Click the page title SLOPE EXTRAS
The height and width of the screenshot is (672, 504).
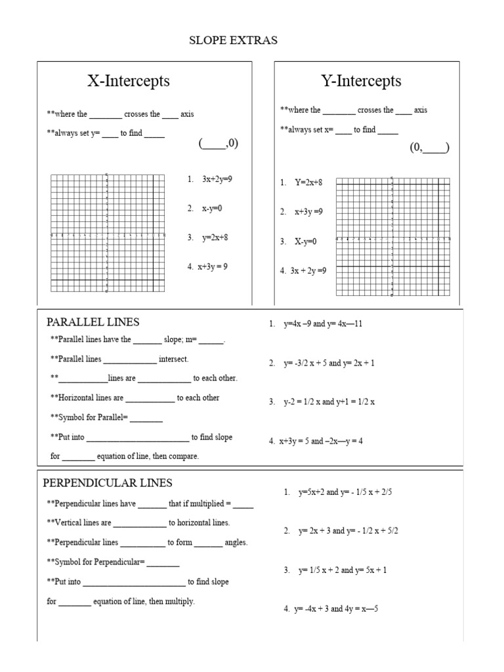[233, 41]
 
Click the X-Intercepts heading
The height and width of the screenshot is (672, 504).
[129, 81]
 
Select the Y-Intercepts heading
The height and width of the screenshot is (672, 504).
[361, 81]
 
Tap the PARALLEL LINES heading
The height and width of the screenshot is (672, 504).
[93, 322]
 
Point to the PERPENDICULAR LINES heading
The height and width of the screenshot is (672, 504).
[108, 483]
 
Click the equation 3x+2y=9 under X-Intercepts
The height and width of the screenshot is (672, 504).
[217, 178]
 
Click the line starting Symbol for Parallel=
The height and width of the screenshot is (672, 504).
[106, 417]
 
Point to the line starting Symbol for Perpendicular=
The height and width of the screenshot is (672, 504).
[113, 562]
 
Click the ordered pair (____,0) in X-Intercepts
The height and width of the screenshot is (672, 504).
[219, 144]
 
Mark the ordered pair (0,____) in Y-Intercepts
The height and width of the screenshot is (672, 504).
[429, 148]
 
